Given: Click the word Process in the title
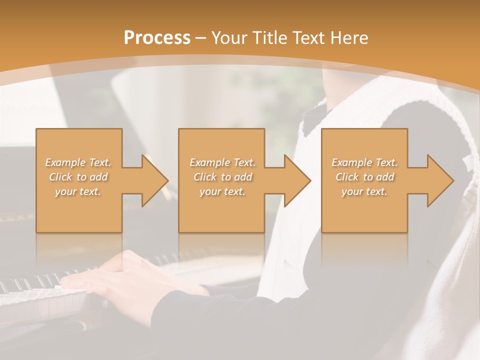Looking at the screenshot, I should tap(157, 38).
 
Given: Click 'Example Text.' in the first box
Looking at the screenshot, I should tap(78, 162).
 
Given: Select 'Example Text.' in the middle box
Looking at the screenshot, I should tap(222, 162).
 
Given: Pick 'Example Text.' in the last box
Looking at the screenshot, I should tap(364, 162).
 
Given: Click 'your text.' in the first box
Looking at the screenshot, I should tap(78, 191).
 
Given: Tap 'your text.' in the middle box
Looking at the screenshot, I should tap(222, 191).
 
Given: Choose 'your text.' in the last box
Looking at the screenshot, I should tap(364, 191).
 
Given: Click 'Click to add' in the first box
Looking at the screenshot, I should tap(78, 177).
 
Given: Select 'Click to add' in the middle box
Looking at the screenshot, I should tap(222, 177).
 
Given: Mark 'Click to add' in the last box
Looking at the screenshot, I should tap(364, 177).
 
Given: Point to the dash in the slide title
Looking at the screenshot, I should tap(201, 38).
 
